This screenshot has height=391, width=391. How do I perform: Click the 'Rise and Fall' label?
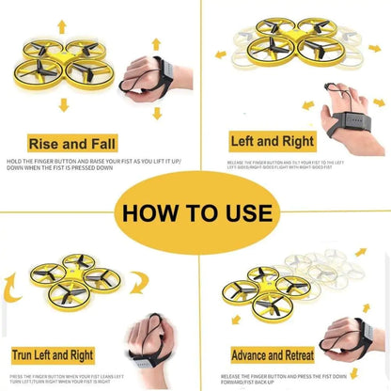tap(74, 144)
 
